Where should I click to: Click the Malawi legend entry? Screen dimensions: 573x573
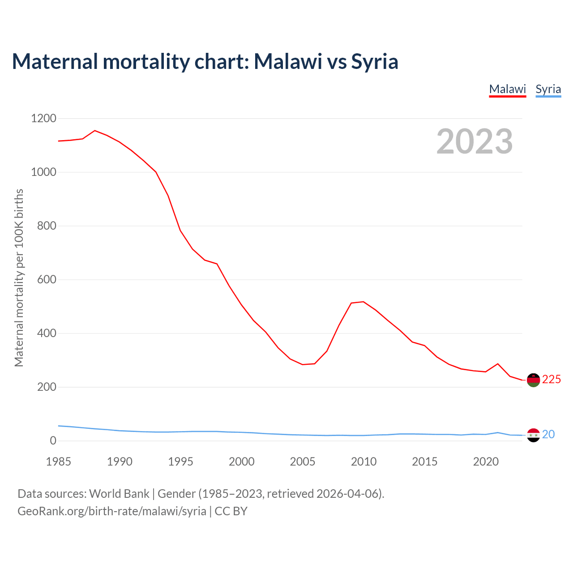pos(507,89)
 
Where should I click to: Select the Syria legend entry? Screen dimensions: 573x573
pos(548,89)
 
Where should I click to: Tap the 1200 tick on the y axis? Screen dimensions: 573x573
pos(43,119)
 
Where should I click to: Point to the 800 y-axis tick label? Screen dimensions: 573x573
pos(47,226)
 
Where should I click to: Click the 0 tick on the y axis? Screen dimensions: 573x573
pos(53,441)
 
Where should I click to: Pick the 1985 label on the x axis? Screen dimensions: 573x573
pos(58,462)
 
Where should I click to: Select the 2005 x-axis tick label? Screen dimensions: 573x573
pos(303,462)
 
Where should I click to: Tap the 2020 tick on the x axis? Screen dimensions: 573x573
pos(486,462)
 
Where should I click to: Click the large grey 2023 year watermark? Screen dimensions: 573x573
pos(475,141)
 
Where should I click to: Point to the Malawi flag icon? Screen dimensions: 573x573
pos(533,380)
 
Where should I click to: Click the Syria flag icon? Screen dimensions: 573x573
pos(533,435)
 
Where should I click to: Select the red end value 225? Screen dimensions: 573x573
pos(552,380)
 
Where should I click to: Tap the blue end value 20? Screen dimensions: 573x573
pos(548,435)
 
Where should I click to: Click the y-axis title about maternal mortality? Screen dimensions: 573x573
pos(19,278)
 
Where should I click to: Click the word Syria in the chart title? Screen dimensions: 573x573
pos(374,61)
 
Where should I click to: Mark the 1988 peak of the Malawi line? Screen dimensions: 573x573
pos(95,131)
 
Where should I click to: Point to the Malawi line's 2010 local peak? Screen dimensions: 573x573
pos(363,302)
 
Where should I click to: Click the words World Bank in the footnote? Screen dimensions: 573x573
pos(119,494)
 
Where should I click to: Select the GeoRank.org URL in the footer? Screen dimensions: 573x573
pos(112,511)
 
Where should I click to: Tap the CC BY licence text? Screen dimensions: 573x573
pos(231,511)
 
